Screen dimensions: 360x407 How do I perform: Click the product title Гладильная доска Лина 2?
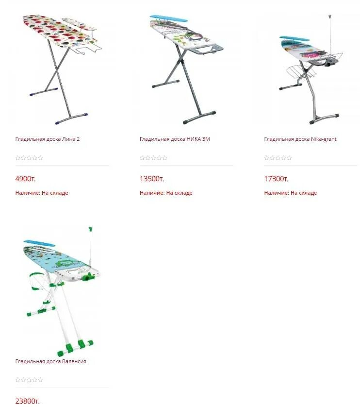pos(48,139)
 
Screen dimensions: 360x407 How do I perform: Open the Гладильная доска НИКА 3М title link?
pos(175,139)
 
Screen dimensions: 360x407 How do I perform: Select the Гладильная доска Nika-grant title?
pos(300,139)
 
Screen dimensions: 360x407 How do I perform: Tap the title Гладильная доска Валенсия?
pos(51,361)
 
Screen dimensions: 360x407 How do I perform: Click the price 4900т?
pos(26,179)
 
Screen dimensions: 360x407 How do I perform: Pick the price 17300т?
pos(277,179)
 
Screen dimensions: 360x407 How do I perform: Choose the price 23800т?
pos(27,401)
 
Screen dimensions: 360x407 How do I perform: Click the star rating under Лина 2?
pos(29,158)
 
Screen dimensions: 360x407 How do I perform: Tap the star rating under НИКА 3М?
pos(153,158)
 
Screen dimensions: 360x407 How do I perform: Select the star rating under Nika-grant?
pos(278,158)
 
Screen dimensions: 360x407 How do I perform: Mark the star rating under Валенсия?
pos(29,380)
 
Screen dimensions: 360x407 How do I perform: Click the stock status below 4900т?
pos(42,193)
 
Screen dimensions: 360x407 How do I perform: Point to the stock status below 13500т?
pos(166,193)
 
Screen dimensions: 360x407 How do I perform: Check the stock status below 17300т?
pos(291,193)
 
